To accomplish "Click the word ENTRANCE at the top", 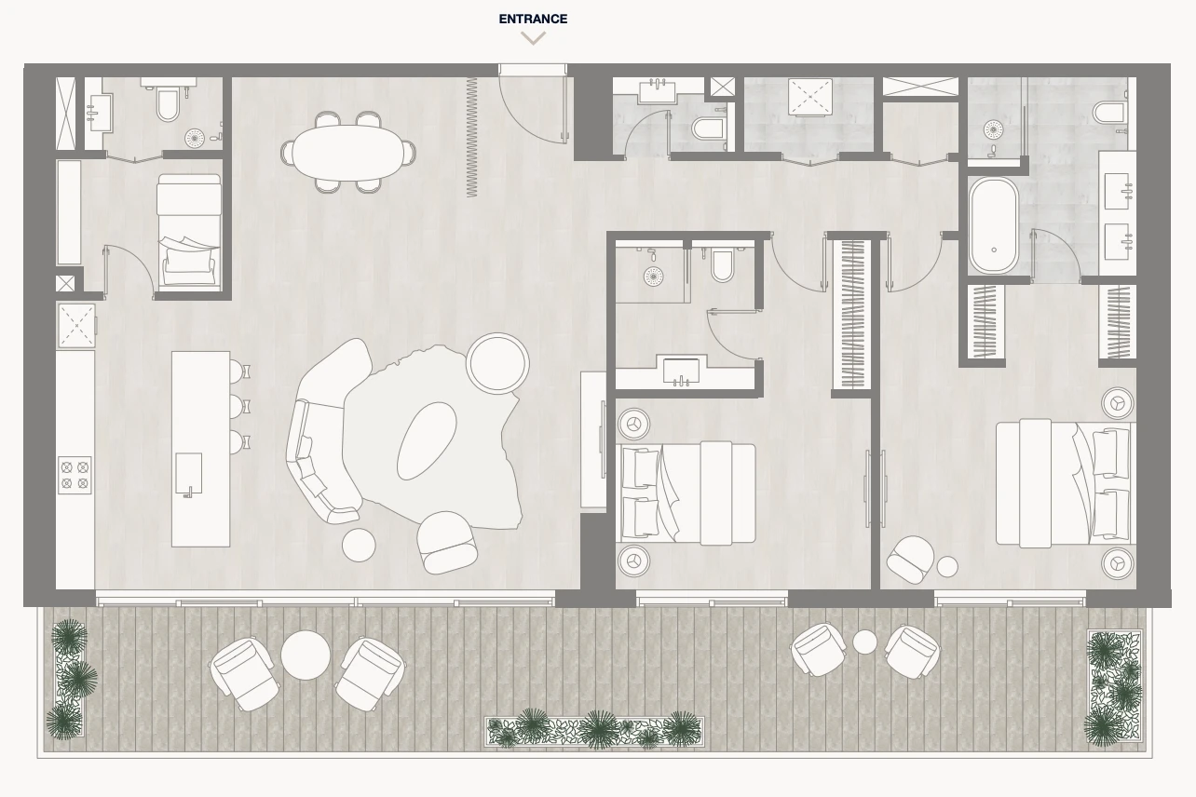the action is coord(533,19).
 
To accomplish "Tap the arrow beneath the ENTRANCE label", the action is coord(534,38).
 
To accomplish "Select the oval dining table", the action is coord(347,153).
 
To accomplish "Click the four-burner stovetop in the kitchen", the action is coord(75,475).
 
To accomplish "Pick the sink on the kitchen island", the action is coord(188,474).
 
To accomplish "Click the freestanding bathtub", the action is coord(994,225).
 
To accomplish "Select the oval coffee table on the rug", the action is coord(427,441).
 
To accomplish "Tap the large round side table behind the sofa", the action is coord(497,363).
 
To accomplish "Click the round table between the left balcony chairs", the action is coord(306,655).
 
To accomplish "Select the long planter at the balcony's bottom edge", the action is coord(595,731).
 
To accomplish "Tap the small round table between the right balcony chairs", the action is coord(864,642).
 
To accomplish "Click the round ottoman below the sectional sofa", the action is coord(359,545).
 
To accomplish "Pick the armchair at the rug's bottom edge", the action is coord(446,543).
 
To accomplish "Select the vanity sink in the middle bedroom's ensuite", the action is coord(681,371).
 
